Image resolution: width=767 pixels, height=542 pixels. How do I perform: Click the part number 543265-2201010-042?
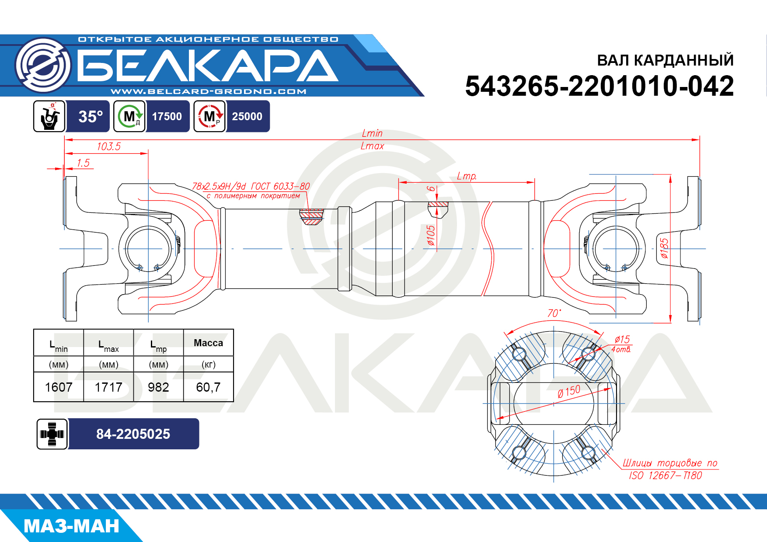pos(600,86)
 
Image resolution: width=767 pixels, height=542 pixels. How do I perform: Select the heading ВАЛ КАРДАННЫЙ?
pos(665,60)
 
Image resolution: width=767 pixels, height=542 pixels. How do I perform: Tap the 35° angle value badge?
pos(91,117)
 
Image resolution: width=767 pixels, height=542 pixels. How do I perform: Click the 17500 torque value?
pos(167,117)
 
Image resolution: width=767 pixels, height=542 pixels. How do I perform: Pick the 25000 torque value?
pos(247,117)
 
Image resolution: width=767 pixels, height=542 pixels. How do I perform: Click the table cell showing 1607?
pos(59,387)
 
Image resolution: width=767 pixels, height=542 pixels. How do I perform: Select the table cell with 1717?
pos(108,387)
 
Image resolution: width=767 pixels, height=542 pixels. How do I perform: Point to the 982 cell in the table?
pos(158,387)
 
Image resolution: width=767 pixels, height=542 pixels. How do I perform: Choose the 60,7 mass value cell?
pos(209,387)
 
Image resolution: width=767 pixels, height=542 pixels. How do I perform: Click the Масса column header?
pos(209,343)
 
